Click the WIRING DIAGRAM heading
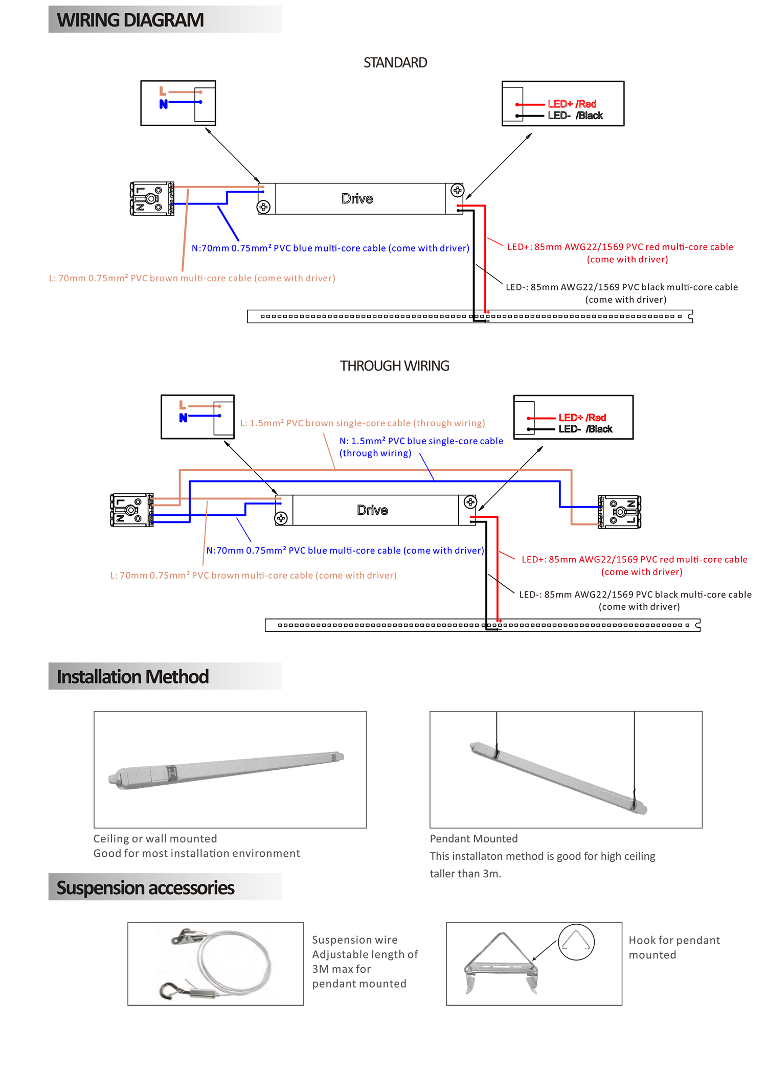pos(130,20)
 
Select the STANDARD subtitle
pos(395,63)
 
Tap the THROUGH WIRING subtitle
pos(395,366)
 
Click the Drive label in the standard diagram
pos(357,199)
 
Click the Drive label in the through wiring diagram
pos(372,510)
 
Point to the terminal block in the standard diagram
pos(152,198)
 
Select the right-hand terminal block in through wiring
pos(619,511)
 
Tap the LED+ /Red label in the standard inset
pos(572,104)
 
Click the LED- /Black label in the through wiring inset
pos(585,429)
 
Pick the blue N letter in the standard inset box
pos(164,104)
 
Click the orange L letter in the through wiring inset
pos(183,405)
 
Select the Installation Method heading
pos(133,677)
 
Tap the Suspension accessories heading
pos(145,888)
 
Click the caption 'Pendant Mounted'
pos(473,839)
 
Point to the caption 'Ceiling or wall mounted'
pos(155,839)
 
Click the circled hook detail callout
pos(576,942)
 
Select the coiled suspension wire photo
pos(215,964)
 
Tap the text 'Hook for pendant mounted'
pos(674,947)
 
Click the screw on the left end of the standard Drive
pos(263,207)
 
